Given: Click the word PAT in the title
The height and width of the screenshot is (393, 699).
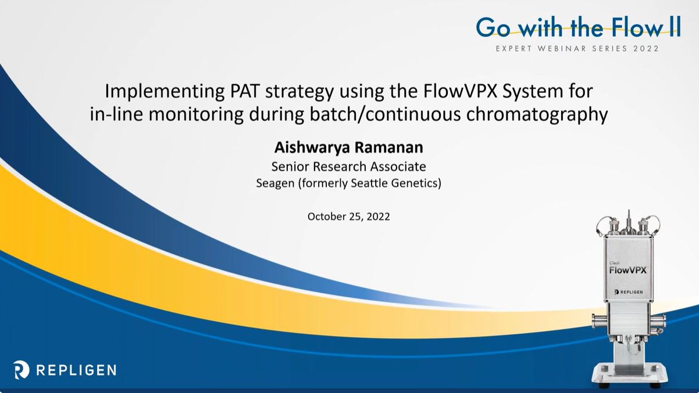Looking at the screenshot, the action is pos(244,91).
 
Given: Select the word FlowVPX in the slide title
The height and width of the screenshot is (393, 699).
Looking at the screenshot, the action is pos(460,91).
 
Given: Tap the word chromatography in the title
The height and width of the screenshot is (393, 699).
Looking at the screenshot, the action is pos(537,114).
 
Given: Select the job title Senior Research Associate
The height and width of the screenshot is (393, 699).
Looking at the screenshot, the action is pos(348,167).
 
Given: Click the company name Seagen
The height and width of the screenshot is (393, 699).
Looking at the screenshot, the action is pos(275,183).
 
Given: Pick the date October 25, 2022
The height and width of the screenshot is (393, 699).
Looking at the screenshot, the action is pos(348,217).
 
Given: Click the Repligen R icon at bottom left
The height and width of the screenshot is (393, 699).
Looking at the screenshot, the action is pos(21,370).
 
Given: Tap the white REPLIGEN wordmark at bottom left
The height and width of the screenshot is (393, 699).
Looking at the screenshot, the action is pos(76,370).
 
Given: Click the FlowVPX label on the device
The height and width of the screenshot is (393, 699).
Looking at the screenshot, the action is pos(628,270).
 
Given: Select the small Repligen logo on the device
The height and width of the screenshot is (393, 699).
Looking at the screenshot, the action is pos(629,292).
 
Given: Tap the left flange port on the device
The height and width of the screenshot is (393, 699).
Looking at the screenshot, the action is pos(599,320).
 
